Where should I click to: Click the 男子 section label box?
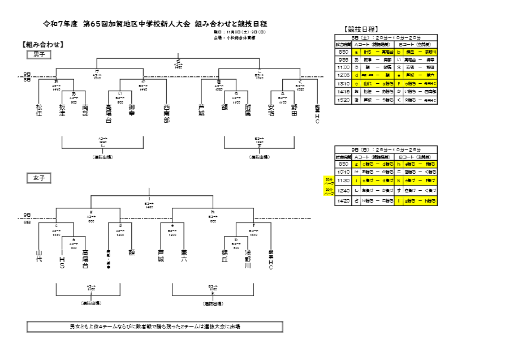tap(39, 54)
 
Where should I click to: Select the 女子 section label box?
tap(39, 178)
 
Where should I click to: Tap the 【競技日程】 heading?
tap(361, 29)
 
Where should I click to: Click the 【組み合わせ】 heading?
tap(42, 44)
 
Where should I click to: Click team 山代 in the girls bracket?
tap(39, 256)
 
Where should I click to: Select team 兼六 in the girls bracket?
tap(184, 256)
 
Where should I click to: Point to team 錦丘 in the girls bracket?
tap(225, 256)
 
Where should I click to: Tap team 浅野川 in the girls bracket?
tap(248, 259)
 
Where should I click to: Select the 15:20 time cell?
tap(343, 100)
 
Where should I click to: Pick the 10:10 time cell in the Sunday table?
tap(343, 172)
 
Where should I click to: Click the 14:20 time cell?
tap(343, 201)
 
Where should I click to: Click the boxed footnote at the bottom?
tap(155, 327)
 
